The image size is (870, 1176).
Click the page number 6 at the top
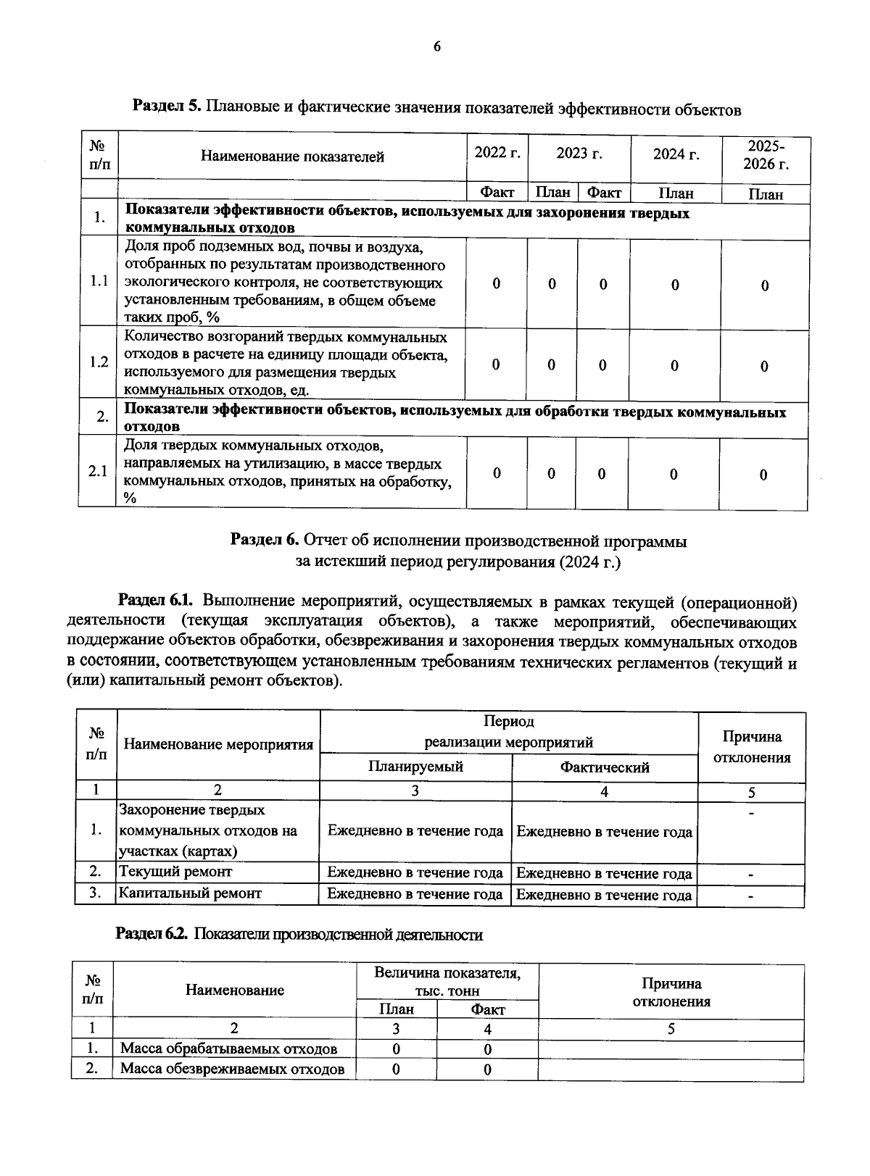(436, 48)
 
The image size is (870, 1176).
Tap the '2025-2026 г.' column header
(766, 154)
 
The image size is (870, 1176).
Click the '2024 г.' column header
(676, 154)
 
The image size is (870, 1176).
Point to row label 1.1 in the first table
(99, 282)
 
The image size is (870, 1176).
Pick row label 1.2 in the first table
(99, 362)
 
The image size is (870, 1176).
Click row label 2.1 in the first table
(98, 472)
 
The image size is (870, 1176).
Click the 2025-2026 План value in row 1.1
(764, 285)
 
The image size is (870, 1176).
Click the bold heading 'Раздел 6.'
(265, 541)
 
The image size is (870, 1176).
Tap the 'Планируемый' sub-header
(415, 767)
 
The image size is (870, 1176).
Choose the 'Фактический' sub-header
(605, 767)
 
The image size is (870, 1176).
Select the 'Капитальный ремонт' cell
(190, 893)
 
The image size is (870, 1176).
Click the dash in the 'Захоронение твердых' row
(751, 814)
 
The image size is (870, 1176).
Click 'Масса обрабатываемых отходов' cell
(228, 1048)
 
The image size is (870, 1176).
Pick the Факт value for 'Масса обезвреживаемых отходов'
(487, 1069)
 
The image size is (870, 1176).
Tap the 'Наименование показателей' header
(292, 157)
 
